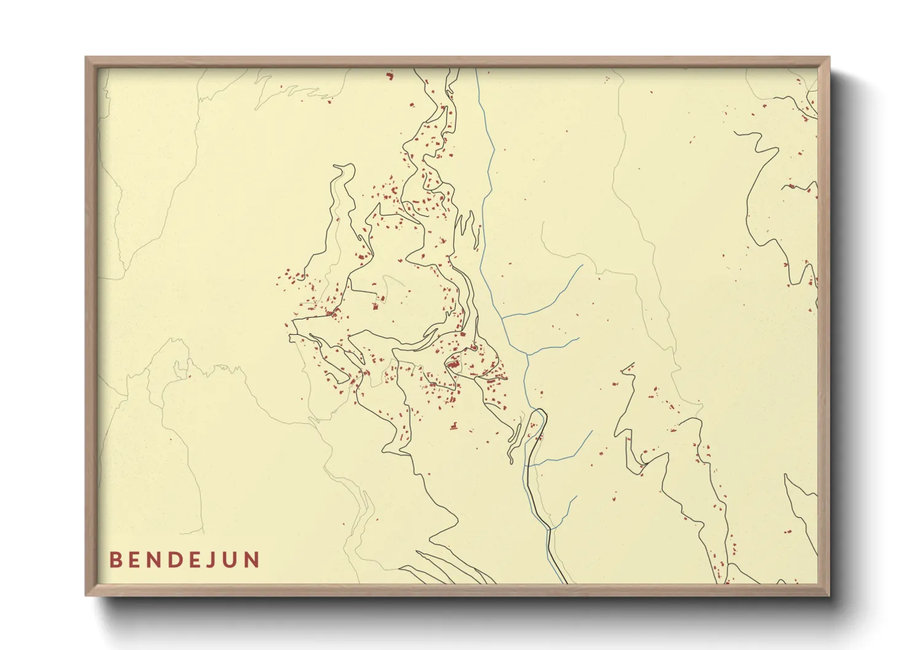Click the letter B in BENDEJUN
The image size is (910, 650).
coord(115,560)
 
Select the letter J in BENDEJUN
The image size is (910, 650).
coord(212,560)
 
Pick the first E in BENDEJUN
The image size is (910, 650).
coord(134,560)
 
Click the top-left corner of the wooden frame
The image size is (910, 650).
coord(86,58)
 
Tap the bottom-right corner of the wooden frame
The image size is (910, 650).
coord(829,595)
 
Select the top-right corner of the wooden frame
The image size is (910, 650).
coord(829,58)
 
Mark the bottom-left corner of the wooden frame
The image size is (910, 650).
coord(86,595)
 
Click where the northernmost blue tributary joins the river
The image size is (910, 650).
coord(502,318)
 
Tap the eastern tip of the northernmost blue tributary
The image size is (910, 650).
coord(582,265)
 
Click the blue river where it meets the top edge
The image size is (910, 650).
coord(477,69)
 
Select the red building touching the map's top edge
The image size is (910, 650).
coord(389,76)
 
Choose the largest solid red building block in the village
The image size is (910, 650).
coord(453,365)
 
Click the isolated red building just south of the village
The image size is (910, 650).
coord(454,425)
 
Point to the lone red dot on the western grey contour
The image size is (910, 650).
coord(189,376)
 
